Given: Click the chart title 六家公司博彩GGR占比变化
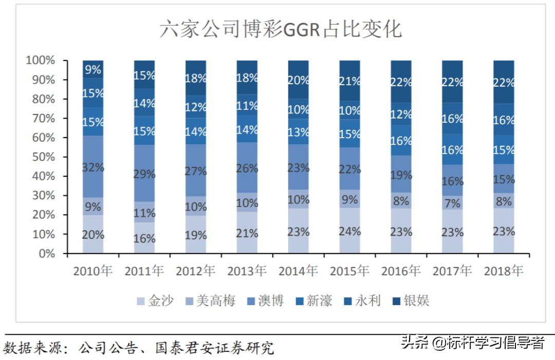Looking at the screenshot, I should point(280,29).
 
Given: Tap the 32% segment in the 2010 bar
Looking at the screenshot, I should point(93,167).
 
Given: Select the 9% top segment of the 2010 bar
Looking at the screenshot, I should point(93,69).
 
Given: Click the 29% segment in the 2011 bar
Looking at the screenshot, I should point(144,174).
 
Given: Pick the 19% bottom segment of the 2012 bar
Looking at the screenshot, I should point(196,235).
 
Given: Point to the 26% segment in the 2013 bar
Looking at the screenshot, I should point(247,168).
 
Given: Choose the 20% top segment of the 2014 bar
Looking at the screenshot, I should point(299,80).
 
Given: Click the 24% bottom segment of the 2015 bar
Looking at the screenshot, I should point(349,231).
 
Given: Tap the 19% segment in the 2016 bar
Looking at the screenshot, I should point(401,175).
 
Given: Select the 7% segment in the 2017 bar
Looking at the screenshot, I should point(452,202).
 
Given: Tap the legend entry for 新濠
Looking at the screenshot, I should point(319,300).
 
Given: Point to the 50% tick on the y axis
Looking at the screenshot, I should point(40,157).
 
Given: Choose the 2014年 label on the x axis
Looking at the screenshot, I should point(299,271).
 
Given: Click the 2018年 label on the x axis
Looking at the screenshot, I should point(504,271).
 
